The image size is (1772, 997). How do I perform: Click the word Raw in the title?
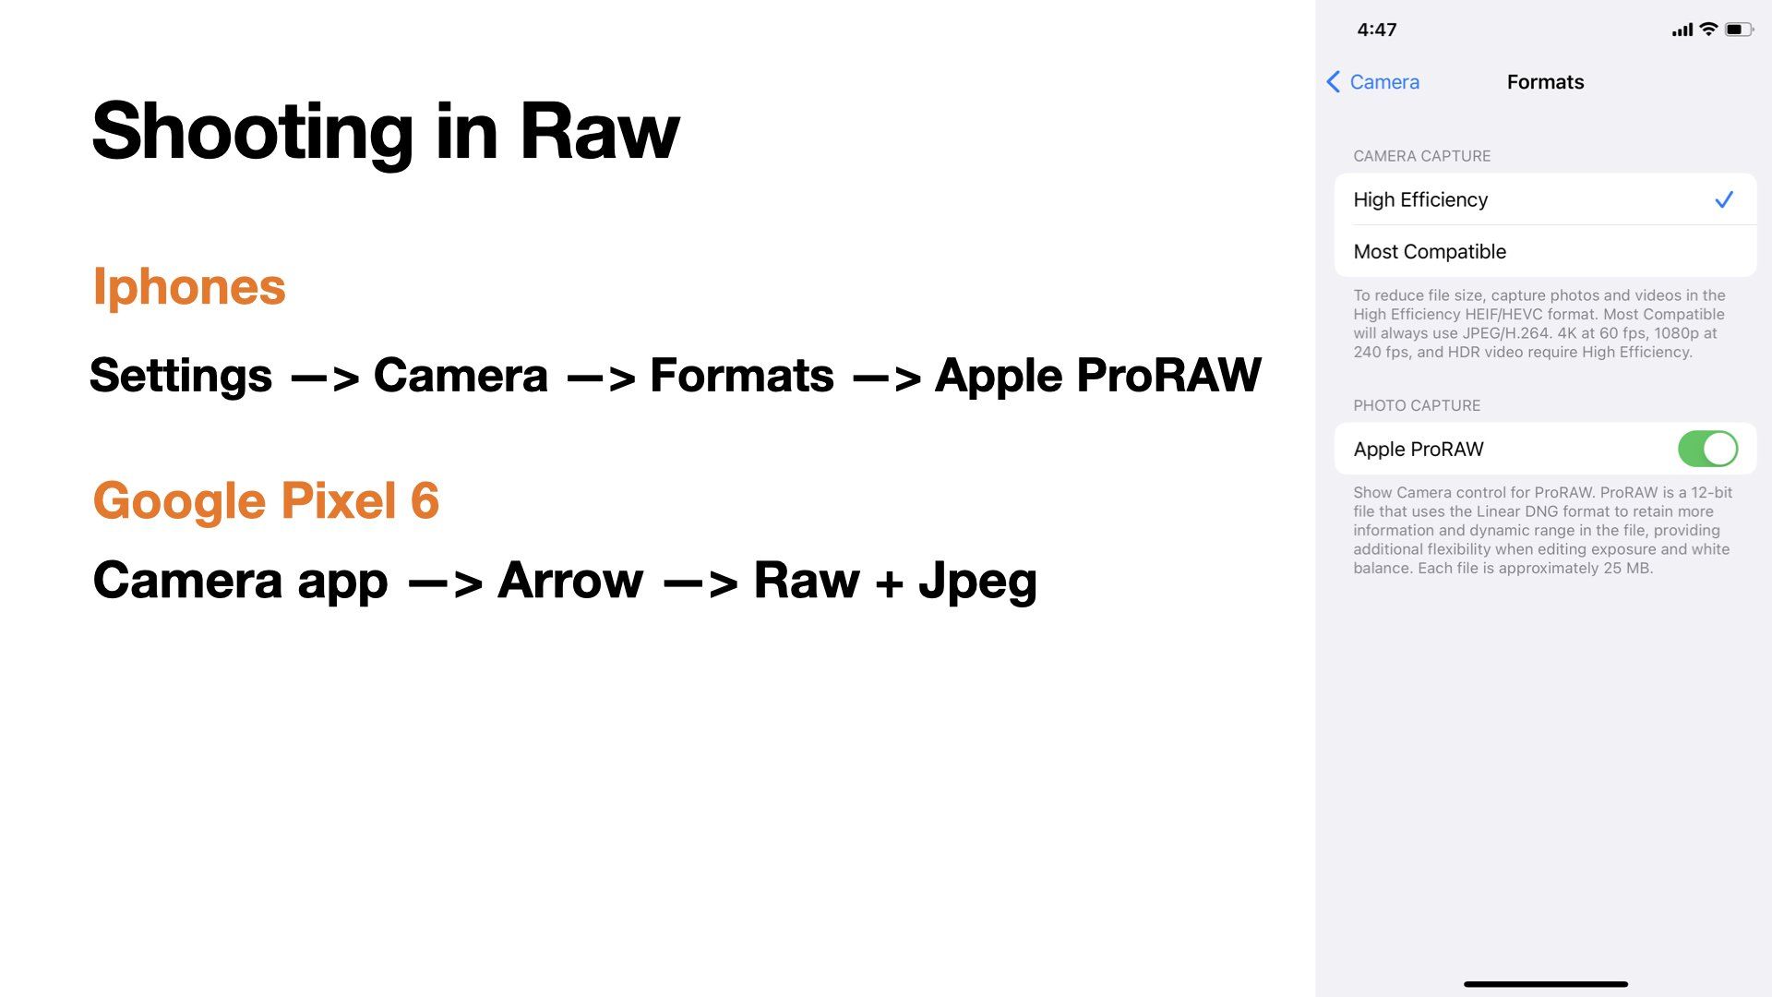[600, 131]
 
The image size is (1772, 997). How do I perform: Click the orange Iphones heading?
[189, 286]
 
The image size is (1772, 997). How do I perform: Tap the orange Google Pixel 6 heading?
[266, 500]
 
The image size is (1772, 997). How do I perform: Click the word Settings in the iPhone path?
[181, 376]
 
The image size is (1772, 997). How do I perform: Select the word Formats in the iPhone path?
[742, 376]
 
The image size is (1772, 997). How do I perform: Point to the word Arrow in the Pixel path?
[570, 581]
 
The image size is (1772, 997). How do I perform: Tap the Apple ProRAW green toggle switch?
[1707, 450]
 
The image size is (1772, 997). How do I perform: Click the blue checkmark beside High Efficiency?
[1724, 199]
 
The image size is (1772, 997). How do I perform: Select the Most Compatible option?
[1430, 251]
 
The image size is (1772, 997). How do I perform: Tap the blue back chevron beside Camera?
[1334, 82]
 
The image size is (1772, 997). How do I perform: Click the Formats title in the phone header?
[1545, 82]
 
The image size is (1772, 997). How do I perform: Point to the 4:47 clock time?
[1377, 30]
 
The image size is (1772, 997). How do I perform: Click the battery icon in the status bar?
[1739, 30]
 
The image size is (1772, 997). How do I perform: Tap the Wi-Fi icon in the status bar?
[1708, 29]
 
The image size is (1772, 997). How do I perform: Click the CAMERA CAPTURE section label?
[1422, 156]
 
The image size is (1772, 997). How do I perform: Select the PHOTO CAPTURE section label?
[1417, 405]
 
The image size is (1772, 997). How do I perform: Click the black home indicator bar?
[1546, 984]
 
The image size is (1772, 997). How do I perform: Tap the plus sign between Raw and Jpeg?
[889, 583]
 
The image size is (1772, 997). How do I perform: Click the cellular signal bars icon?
[1682, 30]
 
